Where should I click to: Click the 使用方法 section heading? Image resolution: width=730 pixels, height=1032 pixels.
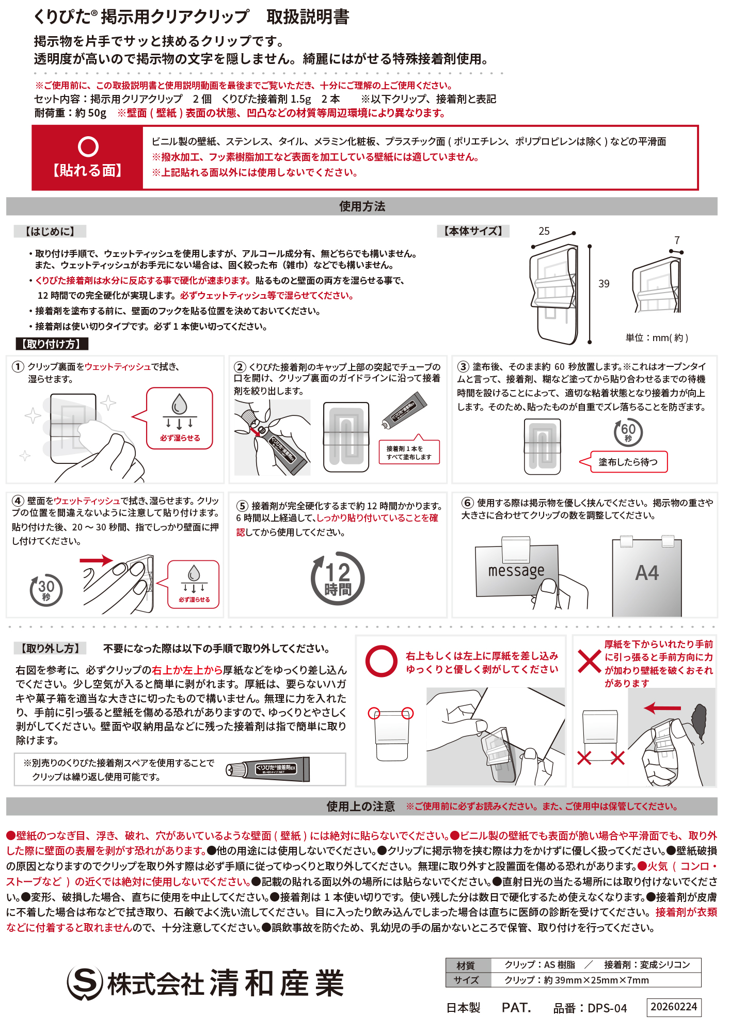(x=362, y=206)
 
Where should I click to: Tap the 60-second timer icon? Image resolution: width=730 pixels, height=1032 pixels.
(x=628, y=432)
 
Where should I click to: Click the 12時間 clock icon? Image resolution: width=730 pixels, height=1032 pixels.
(x=337, y=578)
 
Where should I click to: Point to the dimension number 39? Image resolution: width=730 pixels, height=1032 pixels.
(x=604, y=284)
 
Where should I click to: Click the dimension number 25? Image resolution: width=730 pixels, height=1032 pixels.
(x=544, y=231)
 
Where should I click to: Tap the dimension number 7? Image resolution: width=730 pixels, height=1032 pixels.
(x=677, y=240)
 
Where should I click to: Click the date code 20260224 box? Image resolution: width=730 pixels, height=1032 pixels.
(x=674, y=1007)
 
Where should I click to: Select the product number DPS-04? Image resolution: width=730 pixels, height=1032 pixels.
(x=590, y=1008)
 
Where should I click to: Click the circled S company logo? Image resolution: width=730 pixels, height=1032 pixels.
(x=85, y=982)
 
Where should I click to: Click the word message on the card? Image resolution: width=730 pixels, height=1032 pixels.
(x=516, y=571)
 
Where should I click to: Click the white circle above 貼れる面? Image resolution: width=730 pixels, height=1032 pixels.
(x=88, y=147)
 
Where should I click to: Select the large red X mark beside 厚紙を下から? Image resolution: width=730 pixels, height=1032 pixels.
(x=589, y=661)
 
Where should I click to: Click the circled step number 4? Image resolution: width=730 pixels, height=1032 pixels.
(x=18, y=501)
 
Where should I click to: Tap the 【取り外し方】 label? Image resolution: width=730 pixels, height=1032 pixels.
(x=50, y=649)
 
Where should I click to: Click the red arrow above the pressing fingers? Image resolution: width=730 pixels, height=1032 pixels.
(x=97, y=560)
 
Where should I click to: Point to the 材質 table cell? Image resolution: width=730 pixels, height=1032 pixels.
(x=466, y=965)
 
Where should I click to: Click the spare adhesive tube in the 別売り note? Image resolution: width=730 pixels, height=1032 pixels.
(x=268, y=770)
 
